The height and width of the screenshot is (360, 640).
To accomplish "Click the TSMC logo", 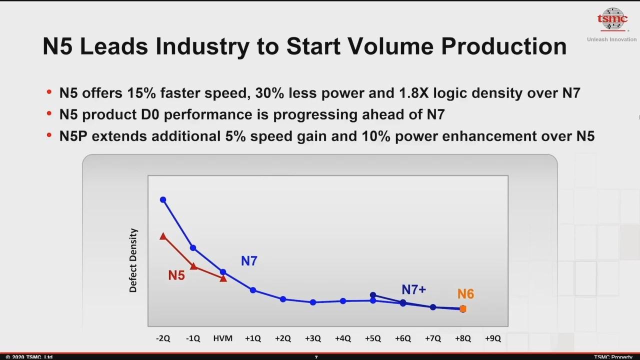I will tap(612, 19).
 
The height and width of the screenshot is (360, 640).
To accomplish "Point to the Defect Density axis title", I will tap(133, 260).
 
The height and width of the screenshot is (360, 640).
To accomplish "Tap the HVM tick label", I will tap(222, 338).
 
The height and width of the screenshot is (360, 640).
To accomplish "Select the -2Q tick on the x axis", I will tap(163, 338).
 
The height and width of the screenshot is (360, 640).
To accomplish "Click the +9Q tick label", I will tap(492, 338).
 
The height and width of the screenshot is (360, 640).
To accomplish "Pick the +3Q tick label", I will tap(312, 338).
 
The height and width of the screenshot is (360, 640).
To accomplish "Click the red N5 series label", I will tap(176, 275).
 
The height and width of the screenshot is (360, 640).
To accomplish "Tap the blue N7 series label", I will tap(249, 260).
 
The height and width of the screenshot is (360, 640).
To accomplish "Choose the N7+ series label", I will tap(413, 289).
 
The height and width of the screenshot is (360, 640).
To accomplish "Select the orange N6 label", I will tap(465, 294).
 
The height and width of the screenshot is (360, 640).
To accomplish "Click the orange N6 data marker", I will tap(463, 309).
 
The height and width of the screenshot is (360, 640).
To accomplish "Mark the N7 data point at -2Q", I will tap(163, 200).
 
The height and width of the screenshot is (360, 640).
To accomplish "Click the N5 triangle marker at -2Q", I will tap(163, 236).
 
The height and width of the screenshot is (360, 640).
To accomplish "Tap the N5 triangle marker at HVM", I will tap(223, 278).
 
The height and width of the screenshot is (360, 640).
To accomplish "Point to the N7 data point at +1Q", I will tap(253, 290).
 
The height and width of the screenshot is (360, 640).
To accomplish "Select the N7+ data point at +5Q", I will tap(373, 295).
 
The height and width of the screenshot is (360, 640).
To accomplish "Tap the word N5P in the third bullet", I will tap(74, 136).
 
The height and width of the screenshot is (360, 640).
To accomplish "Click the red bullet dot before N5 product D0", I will tap(49, 114).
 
